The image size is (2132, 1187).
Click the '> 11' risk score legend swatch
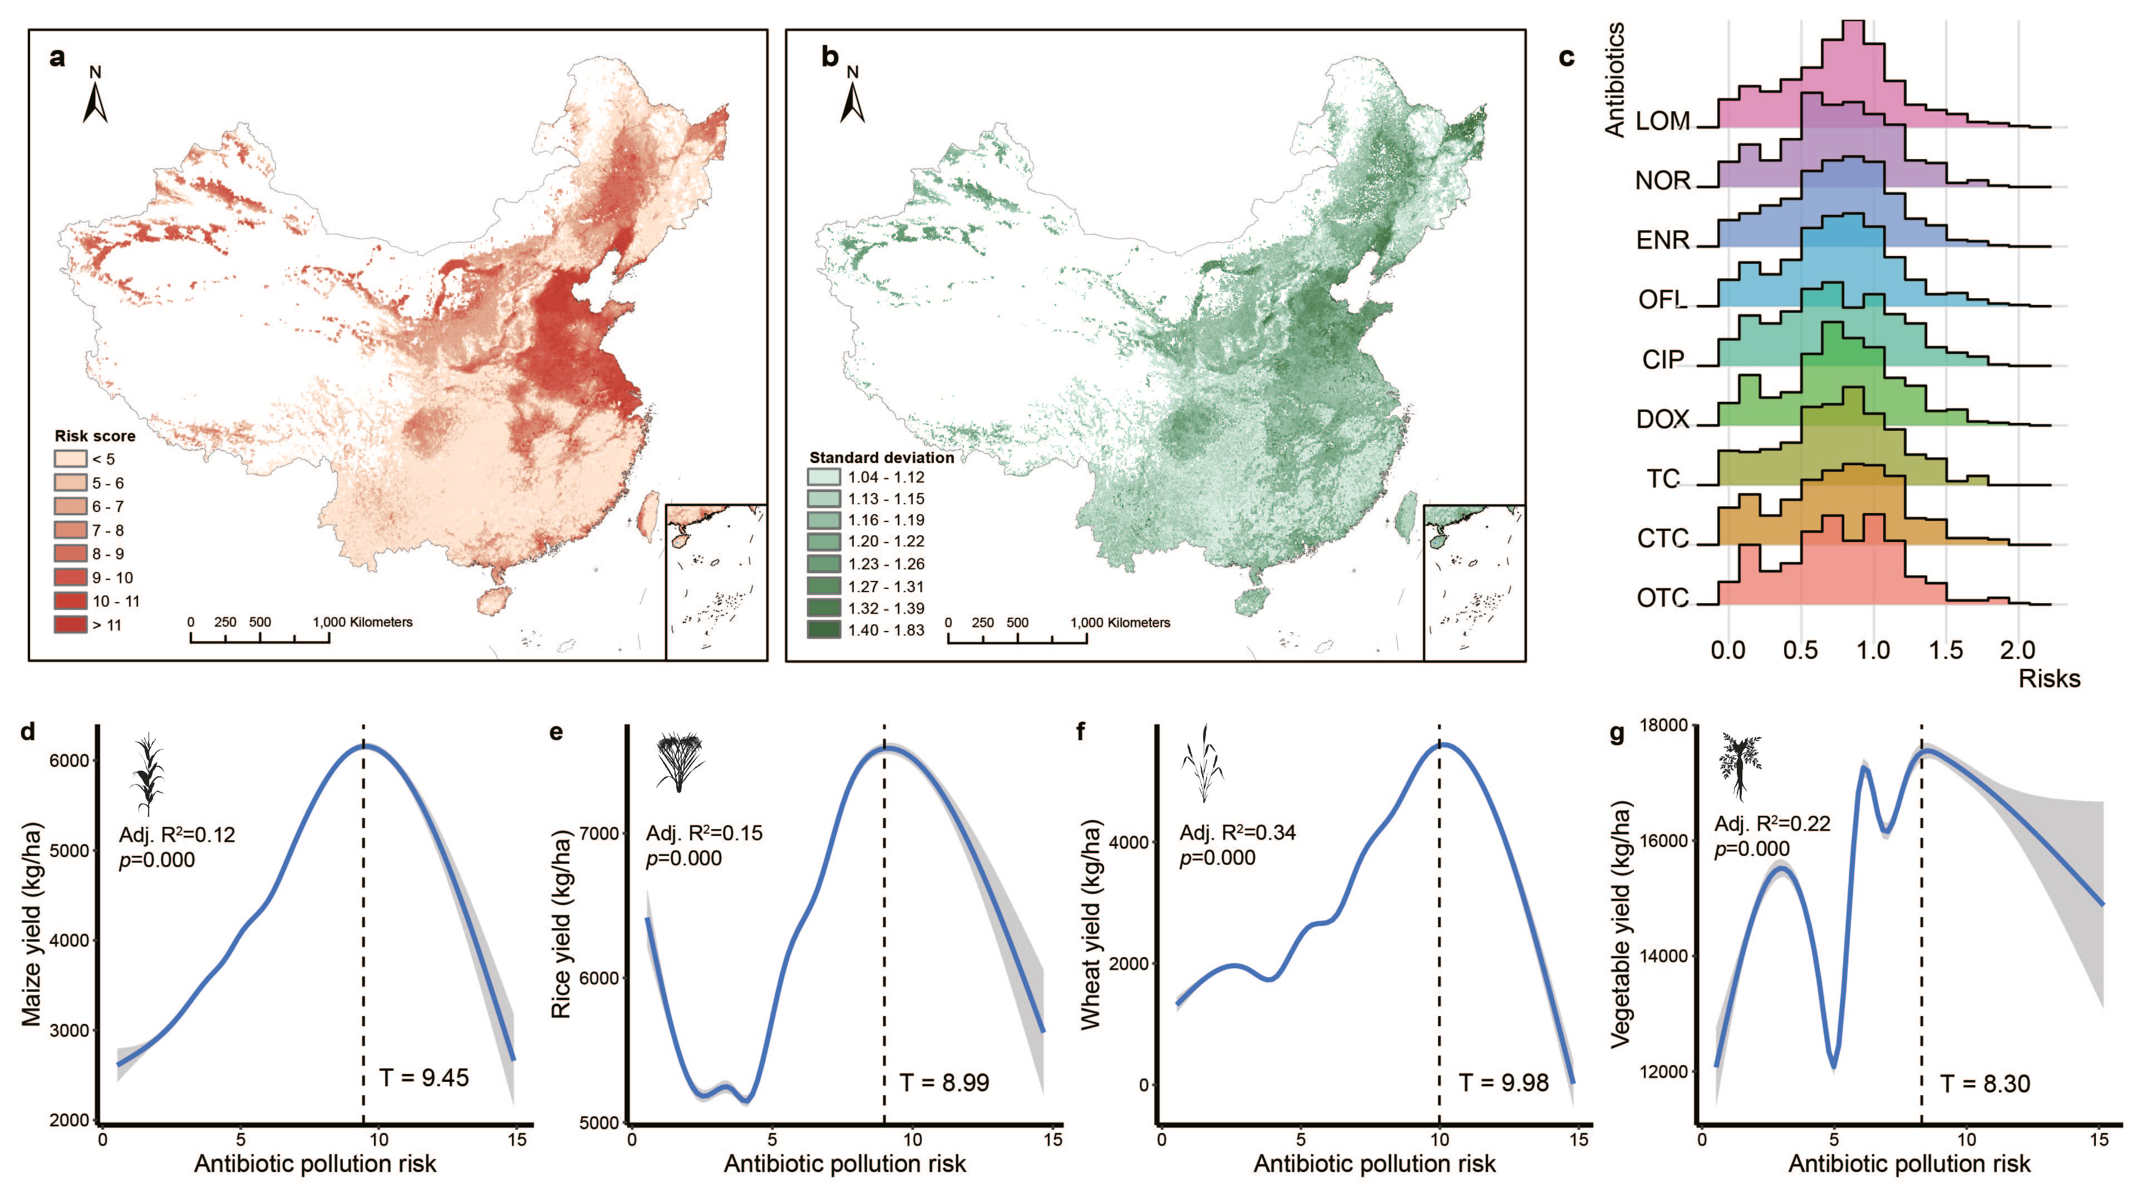[x=70, y=624]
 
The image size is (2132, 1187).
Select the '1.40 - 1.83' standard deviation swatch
[x=824, y=630]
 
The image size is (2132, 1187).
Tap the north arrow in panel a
[x=95, y=98]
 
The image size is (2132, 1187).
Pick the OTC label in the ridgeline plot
[x=1662, y=598]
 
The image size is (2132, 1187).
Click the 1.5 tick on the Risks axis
[x=1945, y=650]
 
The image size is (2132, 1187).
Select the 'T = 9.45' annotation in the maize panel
[x=424, y=1077]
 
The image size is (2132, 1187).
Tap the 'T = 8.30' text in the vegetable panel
[x=1985, y=1083]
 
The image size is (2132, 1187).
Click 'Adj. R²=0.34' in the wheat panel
[x=1237, y=832]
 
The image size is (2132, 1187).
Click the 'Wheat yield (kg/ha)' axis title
[x=1091, y=924]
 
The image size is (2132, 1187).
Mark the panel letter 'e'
[x=556, y=732]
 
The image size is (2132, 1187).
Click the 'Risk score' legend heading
[x=95, y=435]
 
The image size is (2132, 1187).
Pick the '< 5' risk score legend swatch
[x=70, y=459]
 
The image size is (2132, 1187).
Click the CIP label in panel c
[x=1662, y=359]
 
